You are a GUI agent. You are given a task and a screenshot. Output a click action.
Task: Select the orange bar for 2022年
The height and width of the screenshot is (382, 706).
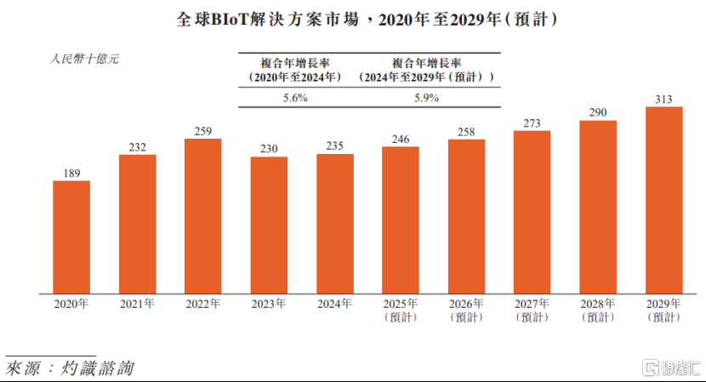tap(203, 214)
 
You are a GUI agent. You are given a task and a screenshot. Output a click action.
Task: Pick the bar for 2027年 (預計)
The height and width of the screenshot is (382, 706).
tap(532, 210)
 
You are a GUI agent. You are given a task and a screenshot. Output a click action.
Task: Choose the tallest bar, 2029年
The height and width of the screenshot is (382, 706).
tap(664, 198)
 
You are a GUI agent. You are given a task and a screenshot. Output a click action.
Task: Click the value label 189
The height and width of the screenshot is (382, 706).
tap(71, 174)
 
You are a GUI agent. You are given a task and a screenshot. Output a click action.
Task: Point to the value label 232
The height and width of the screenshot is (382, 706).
tap(137, 147)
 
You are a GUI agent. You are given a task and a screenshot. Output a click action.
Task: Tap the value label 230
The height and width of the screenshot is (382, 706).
tap(269, 149)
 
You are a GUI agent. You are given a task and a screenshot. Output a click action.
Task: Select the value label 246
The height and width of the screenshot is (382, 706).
tap(401, 140)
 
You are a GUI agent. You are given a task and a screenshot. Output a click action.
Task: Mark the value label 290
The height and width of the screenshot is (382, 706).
tap(598, 112)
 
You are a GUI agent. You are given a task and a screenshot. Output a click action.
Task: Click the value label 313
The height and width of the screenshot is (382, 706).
tap(664, 99)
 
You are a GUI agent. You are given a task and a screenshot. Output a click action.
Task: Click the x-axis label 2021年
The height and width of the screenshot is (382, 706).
tap(137, 303)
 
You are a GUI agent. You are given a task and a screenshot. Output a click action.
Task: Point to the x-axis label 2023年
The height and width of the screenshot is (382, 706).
tap(269, 303)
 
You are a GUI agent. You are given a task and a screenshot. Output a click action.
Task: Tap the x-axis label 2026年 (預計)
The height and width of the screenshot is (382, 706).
tap(466, 310)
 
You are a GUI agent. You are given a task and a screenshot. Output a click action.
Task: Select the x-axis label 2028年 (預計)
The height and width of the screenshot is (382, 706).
tap(598, 310)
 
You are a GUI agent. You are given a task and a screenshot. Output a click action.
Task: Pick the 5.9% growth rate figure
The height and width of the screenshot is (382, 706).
tap(425, 98)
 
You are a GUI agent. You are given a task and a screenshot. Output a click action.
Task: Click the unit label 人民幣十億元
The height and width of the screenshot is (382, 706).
tap(83, 60)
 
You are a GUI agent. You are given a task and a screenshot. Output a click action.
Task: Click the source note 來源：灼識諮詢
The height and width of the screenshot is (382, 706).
tap(70, 368)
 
